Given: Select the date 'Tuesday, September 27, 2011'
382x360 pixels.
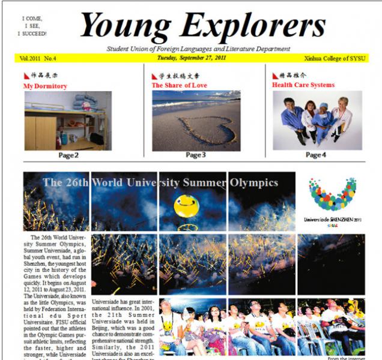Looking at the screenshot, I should [192, 58].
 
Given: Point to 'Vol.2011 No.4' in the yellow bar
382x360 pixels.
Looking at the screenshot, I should [38, 58].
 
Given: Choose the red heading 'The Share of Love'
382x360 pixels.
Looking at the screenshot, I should [178, 86].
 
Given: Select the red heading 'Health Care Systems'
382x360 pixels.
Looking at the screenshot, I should [303, 85].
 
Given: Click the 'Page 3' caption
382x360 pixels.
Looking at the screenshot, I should [196, 155].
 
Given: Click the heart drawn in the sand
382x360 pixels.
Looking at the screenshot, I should [198, 127].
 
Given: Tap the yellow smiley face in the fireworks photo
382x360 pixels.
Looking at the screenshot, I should [186, 206].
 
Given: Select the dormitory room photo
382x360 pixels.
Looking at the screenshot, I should [68, 121].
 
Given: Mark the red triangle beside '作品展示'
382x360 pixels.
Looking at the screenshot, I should [26, 76].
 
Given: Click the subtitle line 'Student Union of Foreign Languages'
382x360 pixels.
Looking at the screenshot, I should [198, 49].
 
